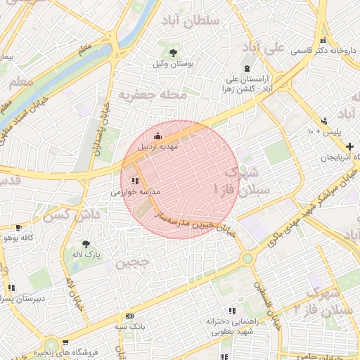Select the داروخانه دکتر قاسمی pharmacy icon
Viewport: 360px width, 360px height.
tap(323, 39)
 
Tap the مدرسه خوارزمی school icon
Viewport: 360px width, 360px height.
tap(135, 181)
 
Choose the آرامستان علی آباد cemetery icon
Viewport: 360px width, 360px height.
tap(246, 68)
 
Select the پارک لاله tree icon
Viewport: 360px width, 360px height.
tap(86, 243)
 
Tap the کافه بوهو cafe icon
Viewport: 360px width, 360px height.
tap(18, 227)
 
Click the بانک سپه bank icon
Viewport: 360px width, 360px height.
tap(129, 316)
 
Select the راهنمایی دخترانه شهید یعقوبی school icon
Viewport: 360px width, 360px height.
tap(231, 311)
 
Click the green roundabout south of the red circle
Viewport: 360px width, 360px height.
tap(247, 258)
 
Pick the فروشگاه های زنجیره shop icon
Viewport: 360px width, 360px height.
tap(65, 344)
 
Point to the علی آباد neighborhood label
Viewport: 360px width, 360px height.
tap(263, 48)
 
